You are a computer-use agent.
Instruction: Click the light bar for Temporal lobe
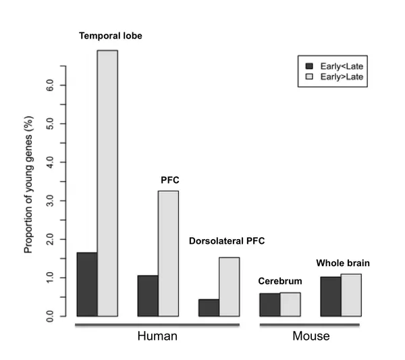[107, 183]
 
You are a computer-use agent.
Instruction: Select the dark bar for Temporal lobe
[87, 284]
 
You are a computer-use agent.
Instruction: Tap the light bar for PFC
[168, 253]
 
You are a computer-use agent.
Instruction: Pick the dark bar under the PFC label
[148, 296]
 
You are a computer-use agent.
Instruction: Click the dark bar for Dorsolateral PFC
[209, 308]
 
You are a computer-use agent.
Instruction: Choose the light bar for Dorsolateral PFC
[230, 287]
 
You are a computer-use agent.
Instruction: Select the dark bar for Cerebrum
[270, 305]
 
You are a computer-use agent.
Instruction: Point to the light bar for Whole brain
[351, 295]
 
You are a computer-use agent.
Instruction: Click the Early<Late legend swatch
[309, 66]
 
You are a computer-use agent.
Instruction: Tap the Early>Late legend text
[342, 77]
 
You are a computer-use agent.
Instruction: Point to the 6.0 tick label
[50, 85]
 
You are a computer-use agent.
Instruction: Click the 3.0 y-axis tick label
[50, 201]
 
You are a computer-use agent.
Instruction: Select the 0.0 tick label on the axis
[50, 316]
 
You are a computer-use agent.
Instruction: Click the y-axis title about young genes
[28, 184]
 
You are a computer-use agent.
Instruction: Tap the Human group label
[157, 336]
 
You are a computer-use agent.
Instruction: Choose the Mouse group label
[311, 336]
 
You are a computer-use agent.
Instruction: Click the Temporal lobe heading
[111, 36]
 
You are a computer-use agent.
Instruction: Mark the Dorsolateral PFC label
[227, 241]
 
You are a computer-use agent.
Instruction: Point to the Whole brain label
[343, 263]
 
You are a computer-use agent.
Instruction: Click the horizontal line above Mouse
[309, 325]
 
